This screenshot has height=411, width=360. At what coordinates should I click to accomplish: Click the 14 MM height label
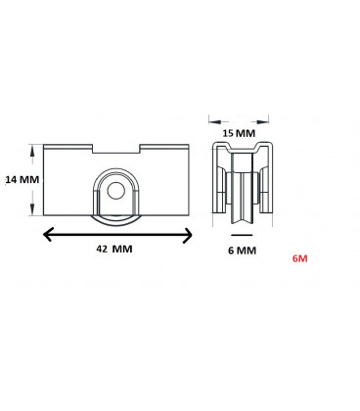tap(21, 179)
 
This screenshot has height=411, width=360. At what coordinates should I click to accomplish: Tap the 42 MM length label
tap(114, 250)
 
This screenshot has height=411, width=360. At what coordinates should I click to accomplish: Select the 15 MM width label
tap(241, 130)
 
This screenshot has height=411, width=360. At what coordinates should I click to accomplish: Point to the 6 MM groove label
tap(241, 250)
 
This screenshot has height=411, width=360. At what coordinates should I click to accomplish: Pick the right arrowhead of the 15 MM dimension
tap(269, 121)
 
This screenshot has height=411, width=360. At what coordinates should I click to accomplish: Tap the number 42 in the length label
tap(102, 250)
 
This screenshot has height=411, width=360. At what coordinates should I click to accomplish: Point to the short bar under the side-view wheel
tap(241, 236)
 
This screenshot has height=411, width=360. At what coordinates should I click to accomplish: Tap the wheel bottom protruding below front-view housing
tap(117, 220)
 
